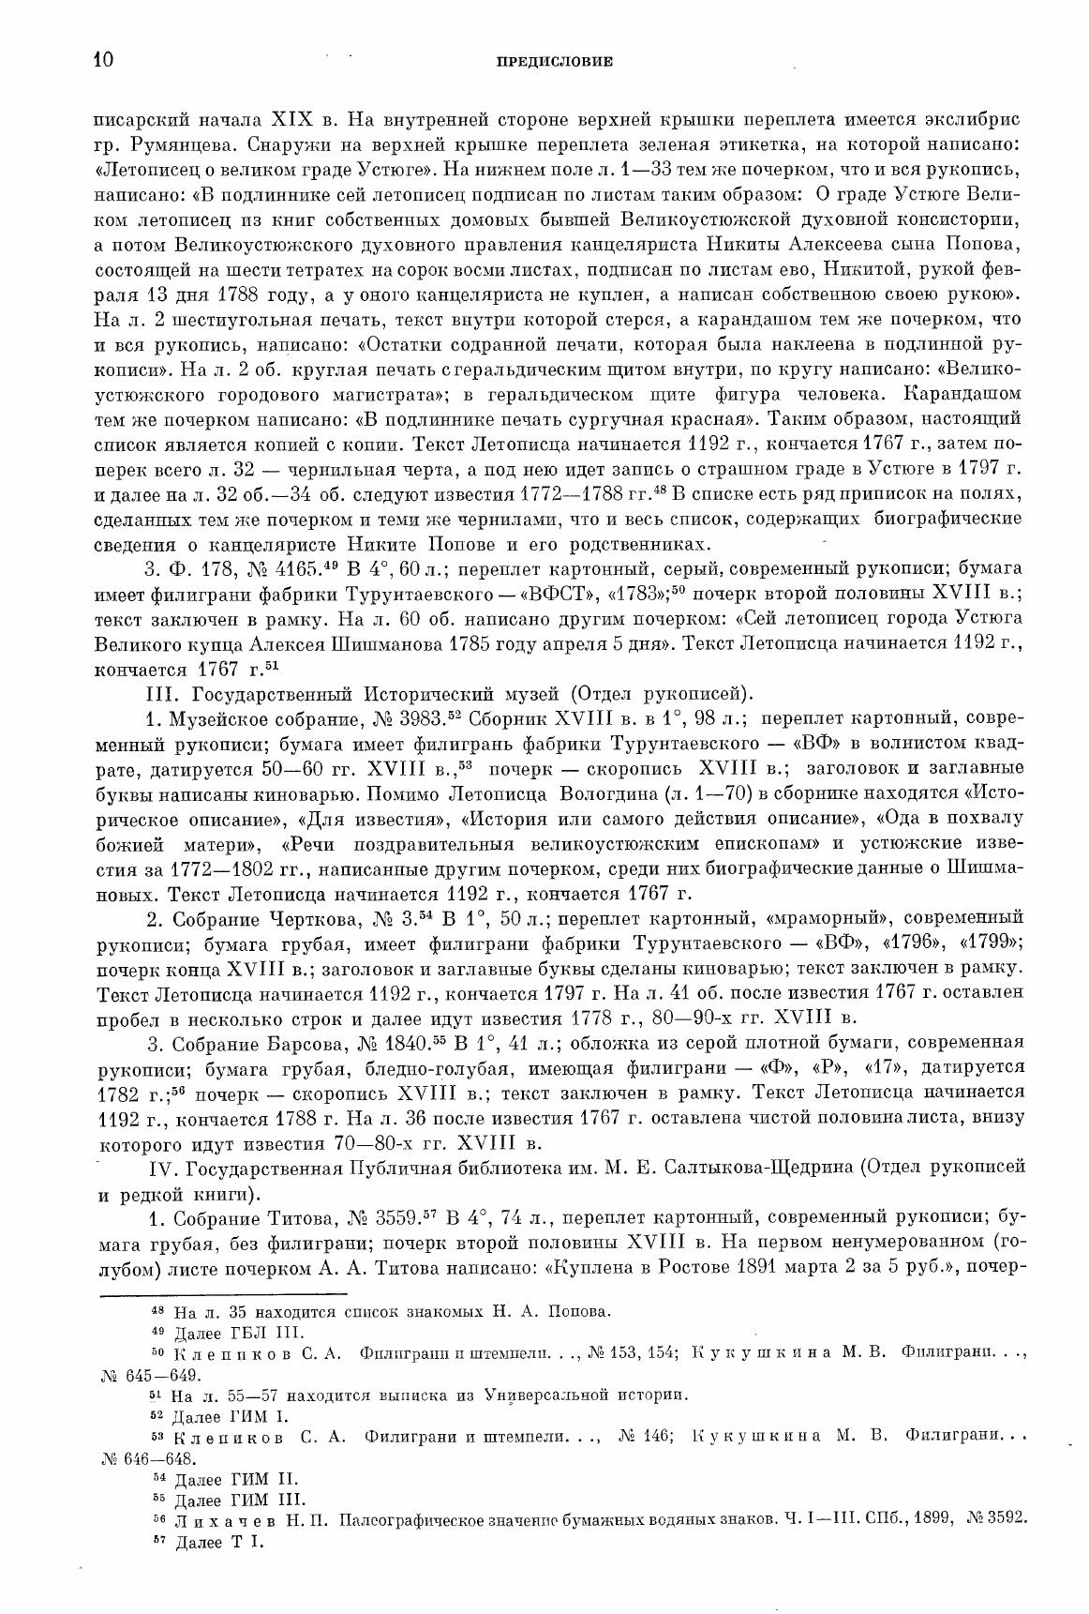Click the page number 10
(x=103, y=61)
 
